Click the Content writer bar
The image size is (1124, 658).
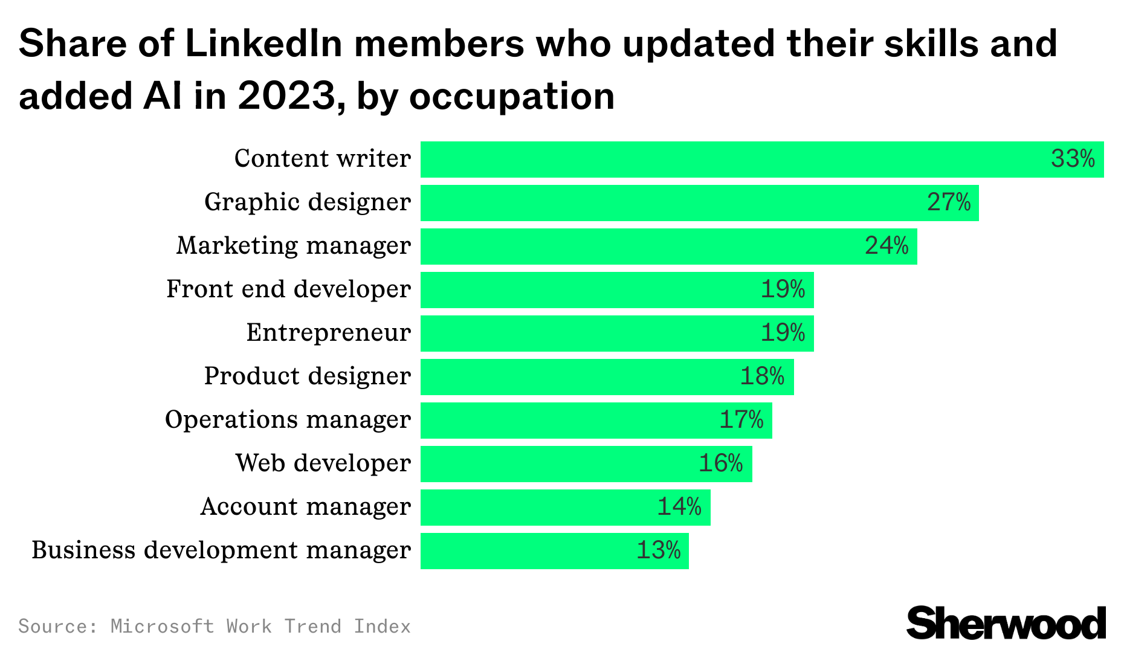tap(725, 160)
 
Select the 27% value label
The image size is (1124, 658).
tap(948, 202)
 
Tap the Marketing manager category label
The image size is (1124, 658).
tap(293, 246)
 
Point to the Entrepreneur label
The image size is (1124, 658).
tap(328, 333)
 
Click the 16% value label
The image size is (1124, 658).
tap(720, 463)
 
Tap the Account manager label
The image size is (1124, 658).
tap(305, 507)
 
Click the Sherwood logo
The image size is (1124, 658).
tap(1006, 623)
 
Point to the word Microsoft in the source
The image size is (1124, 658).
tap(162, 626)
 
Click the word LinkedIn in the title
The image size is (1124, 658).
tap(263, 44)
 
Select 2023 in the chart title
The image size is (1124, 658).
tap(286, 96)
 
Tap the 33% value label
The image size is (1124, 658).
tap(1073, 159)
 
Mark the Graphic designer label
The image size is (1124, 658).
tap(307, 202)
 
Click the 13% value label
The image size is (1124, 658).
tap(658, 550)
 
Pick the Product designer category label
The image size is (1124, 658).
tap(307, 376)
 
